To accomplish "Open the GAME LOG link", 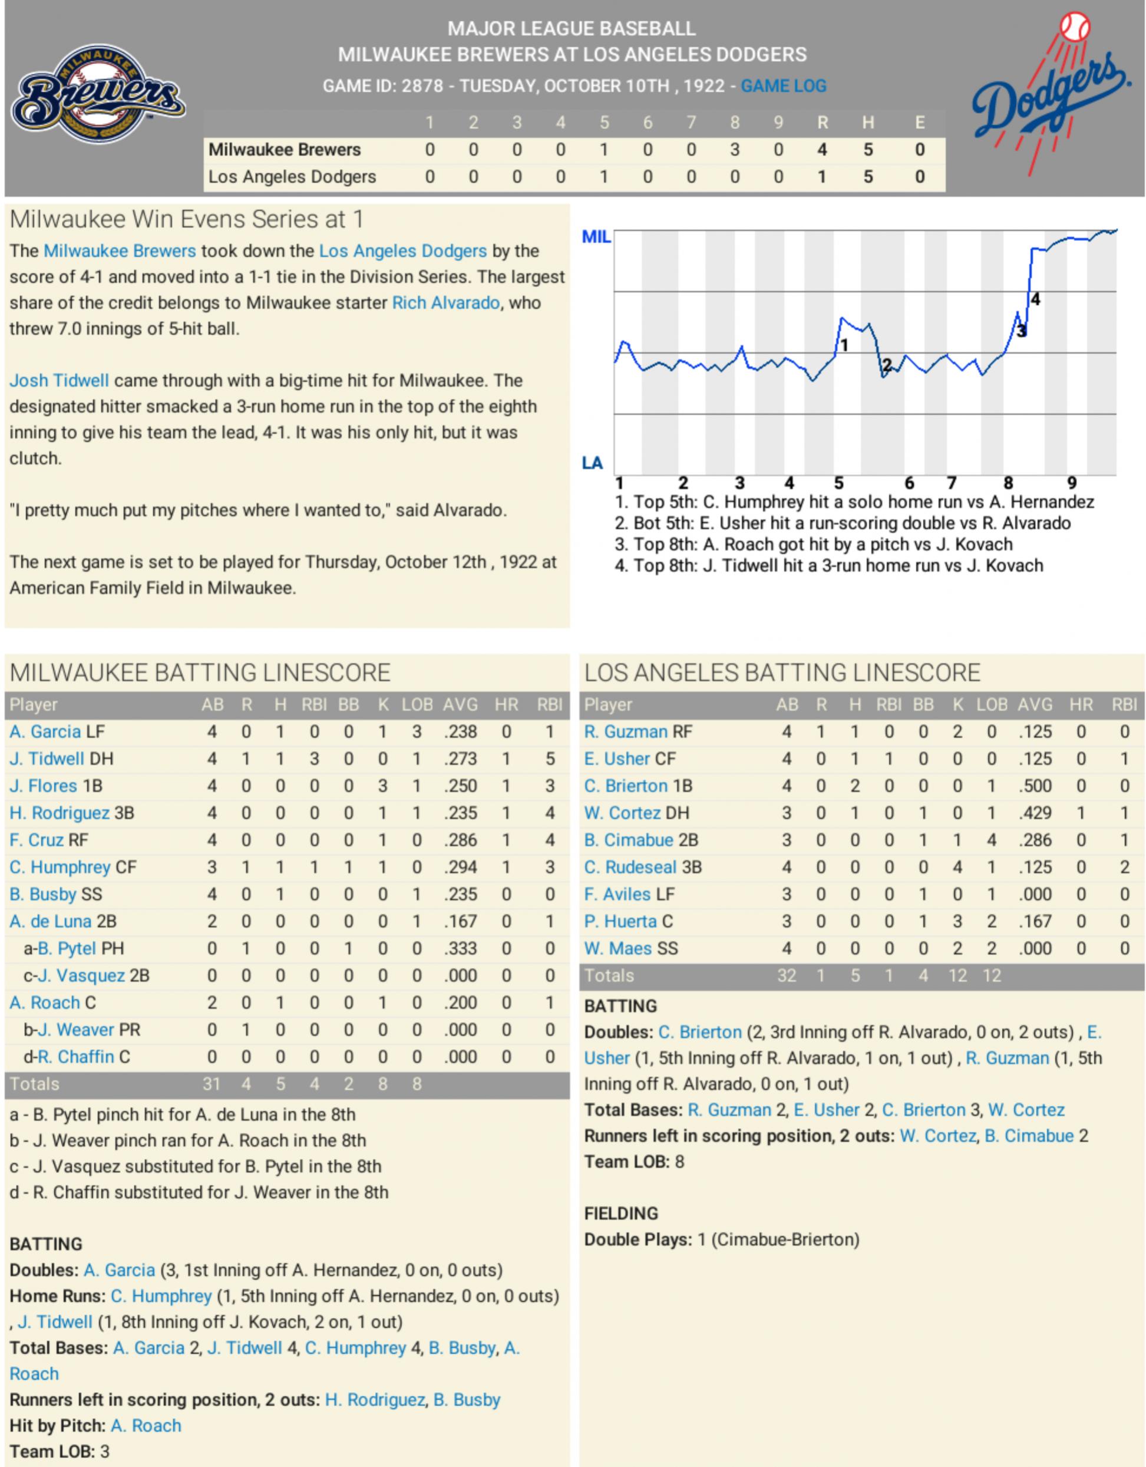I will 784,86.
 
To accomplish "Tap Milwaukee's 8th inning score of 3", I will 735,150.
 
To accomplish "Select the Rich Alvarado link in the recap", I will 446,303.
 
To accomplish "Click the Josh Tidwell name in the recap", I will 59,381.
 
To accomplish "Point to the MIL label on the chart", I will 596,237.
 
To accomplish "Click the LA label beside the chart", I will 592,463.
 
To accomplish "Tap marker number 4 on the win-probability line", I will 1035,299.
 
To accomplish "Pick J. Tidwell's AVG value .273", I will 460,759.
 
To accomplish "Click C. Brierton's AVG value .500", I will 1035,786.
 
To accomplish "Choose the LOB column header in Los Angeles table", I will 992,704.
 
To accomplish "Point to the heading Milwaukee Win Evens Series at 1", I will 187,220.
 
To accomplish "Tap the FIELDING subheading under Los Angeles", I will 621,1214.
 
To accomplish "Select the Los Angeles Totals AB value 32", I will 786,975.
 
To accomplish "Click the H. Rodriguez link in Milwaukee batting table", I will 60,813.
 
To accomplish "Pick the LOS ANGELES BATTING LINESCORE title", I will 781,673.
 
